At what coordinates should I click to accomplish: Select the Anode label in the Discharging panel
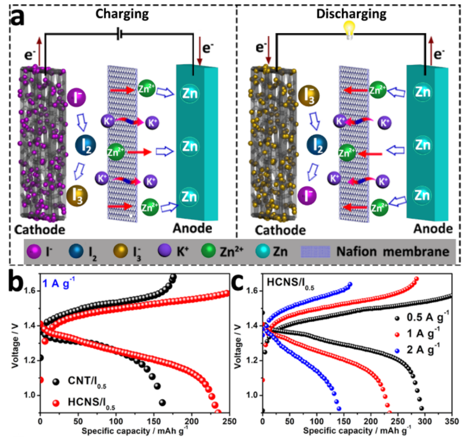(x=431, y=229)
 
